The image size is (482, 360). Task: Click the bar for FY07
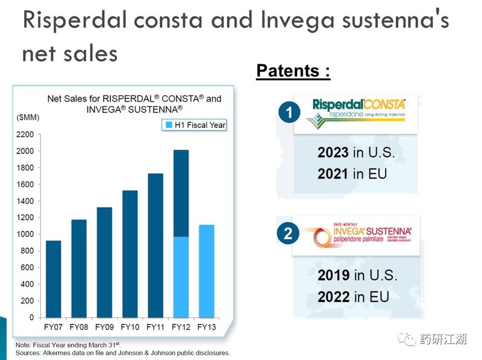pyautogui.click(x=53, y=279)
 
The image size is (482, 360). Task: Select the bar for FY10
pyautogui.click(x=130, y=253)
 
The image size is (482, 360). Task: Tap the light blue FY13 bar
pyautogui.click(x=206, y=271)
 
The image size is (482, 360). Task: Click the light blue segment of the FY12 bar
pyautogui.click(x=181, y=277)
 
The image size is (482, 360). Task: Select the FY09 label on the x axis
pyautogui.click(x=104, y=327)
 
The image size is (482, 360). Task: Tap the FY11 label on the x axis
pyautogui.click(x=155, y=327)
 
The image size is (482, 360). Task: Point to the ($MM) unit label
pyautogui.click(x=27, y=117)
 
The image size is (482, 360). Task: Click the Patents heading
pyautogui.click(x=293, y=71)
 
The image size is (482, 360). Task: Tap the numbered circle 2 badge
pyautogui.click(x=287, y=234)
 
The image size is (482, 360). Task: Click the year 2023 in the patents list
pyautogui.click(x=333, y=152)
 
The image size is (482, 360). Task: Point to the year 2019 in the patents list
pyautogui.click(x=334, y=275)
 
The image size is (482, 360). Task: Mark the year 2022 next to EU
pyautogui.click(x=334, y=297)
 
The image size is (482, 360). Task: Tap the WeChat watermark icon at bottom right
pyautogui.click(x=409, y=340)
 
